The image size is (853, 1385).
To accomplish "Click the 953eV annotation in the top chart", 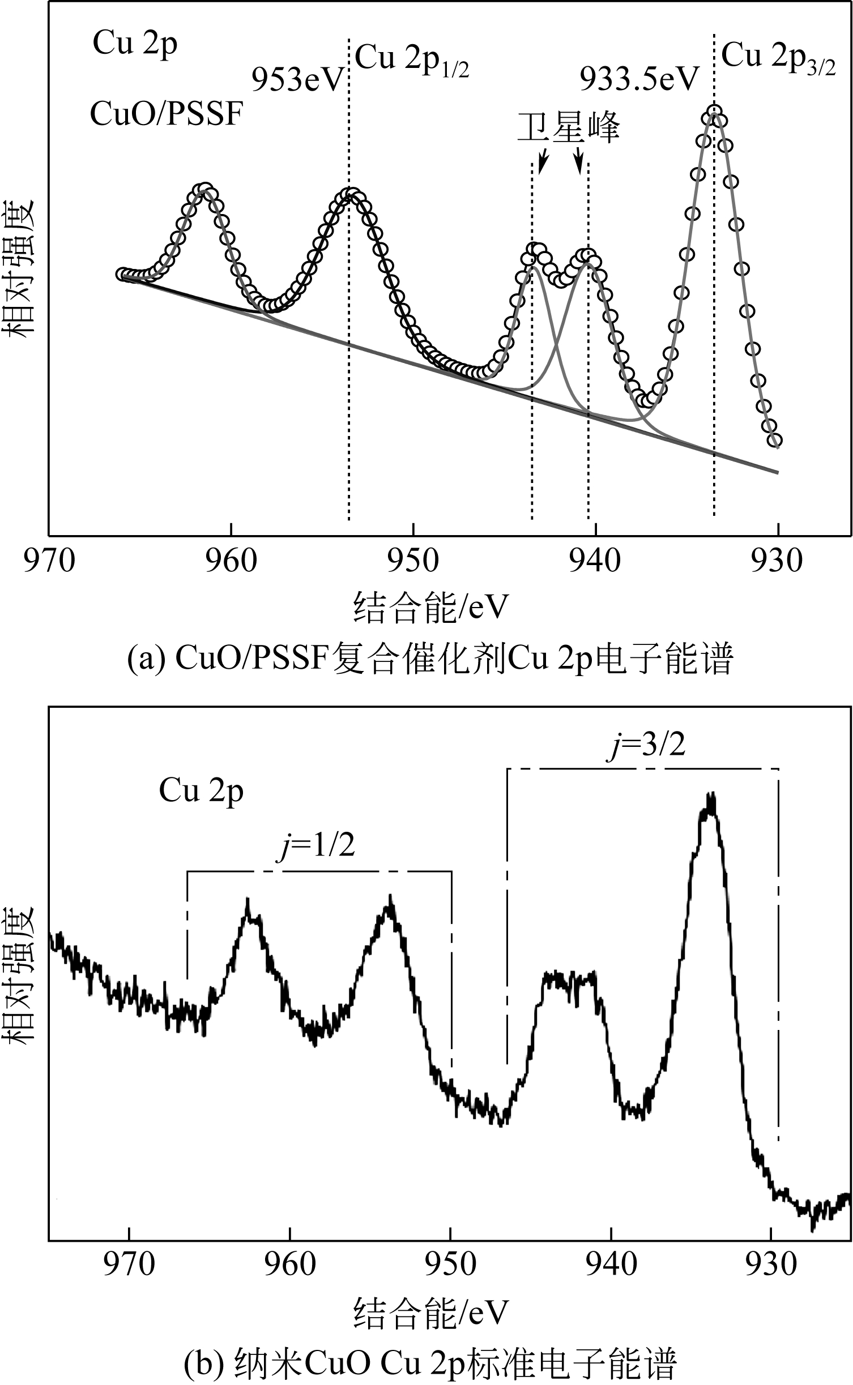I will [298, 80].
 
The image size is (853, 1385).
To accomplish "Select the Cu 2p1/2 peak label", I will [412, 61].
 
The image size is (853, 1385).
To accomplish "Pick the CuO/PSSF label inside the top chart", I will [166, 115].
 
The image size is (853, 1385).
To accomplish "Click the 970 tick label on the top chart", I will [49, 561].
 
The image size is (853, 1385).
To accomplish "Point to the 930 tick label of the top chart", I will [777, 561].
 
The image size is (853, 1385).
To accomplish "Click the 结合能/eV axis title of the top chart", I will [430, 608].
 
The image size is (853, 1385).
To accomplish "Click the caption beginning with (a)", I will [430, 659].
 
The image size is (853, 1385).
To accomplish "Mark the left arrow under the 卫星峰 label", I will [542, 162].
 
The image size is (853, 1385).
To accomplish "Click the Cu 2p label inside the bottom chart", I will [201, 791].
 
